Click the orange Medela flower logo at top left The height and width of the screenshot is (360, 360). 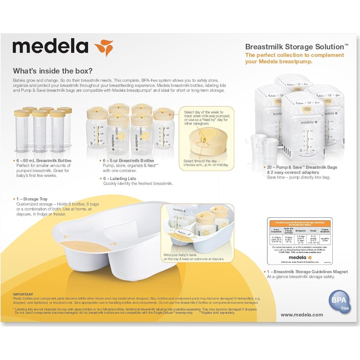click(104, 47)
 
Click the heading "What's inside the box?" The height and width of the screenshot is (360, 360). click(52, 71)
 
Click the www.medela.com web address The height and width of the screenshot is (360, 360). click(302, 315)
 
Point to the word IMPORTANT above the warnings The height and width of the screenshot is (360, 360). click(23, 294)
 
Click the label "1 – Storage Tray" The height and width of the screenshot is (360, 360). click(32, 199)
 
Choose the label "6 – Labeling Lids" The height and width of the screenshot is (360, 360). click(120, 178)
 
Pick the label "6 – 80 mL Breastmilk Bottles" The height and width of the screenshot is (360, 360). click(44, 161)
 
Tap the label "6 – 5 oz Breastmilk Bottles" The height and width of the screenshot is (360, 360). click(128, 161)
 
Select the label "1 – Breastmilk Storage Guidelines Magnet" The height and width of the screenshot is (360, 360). click(308, 272)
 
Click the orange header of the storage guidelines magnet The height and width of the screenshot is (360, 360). click(300, 224)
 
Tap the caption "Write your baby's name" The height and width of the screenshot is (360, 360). click(180, 255)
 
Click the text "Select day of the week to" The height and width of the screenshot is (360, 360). click(204, 112)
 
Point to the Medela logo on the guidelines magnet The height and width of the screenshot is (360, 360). click(300, 258)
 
